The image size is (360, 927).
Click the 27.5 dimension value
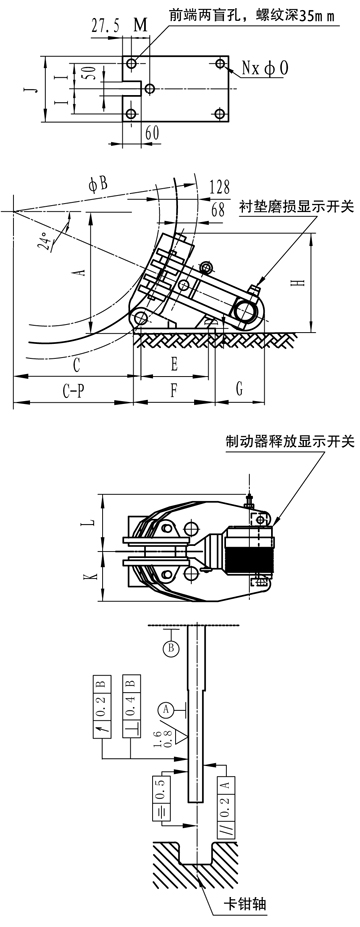(x=105, y=27)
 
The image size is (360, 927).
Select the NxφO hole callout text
(x=264, y=69)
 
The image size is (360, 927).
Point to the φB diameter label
(x=98, y=184)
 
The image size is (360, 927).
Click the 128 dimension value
(x=219, y=187)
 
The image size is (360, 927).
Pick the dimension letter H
(x=300, y=283)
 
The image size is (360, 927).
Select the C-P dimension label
(x=73, y=392)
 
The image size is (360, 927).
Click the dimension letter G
(x=239, y=390)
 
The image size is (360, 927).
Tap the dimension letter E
(x=174, y=365)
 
